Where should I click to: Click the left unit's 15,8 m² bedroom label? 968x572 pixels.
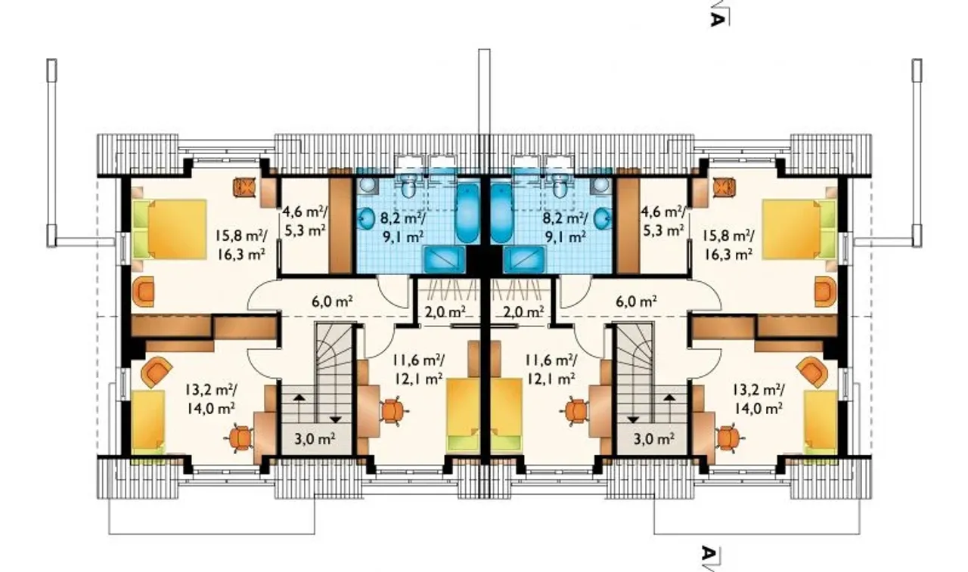(x=240, y=245)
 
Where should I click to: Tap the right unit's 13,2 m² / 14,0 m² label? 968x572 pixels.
(x=759, y=399)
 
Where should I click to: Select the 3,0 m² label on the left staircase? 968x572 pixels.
(x=315, y=439)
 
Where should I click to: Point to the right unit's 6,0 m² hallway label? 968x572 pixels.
(x=637, y=301)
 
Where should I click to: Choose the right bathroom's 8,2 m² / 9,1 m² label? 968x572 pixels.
(x=565, y=227)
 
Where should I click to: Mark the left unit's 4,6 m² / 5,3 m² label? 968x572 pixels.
(x=305, y=221)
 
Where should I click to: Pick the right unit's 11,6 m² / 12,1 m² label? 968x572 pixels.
(x=551, y=369)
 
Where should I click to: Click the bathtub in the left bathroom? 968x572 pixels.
(x=467, y=214)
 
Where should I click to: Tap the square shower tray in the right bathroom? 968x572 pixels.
(x=524, y=259)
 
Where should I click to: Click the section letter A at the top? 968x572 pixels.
(x=716, y=19)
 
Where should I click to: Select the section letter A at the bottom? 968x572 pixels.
(x=707, y=553)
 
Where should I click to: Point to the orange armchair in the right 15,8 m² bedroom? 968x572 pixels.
(x=825, y=292)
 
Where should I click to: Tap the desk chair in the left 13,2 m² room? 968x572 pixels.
(x=240, y=438)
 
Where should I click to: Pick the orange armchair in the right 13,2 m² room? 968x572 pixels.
(x=812, y=372)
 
